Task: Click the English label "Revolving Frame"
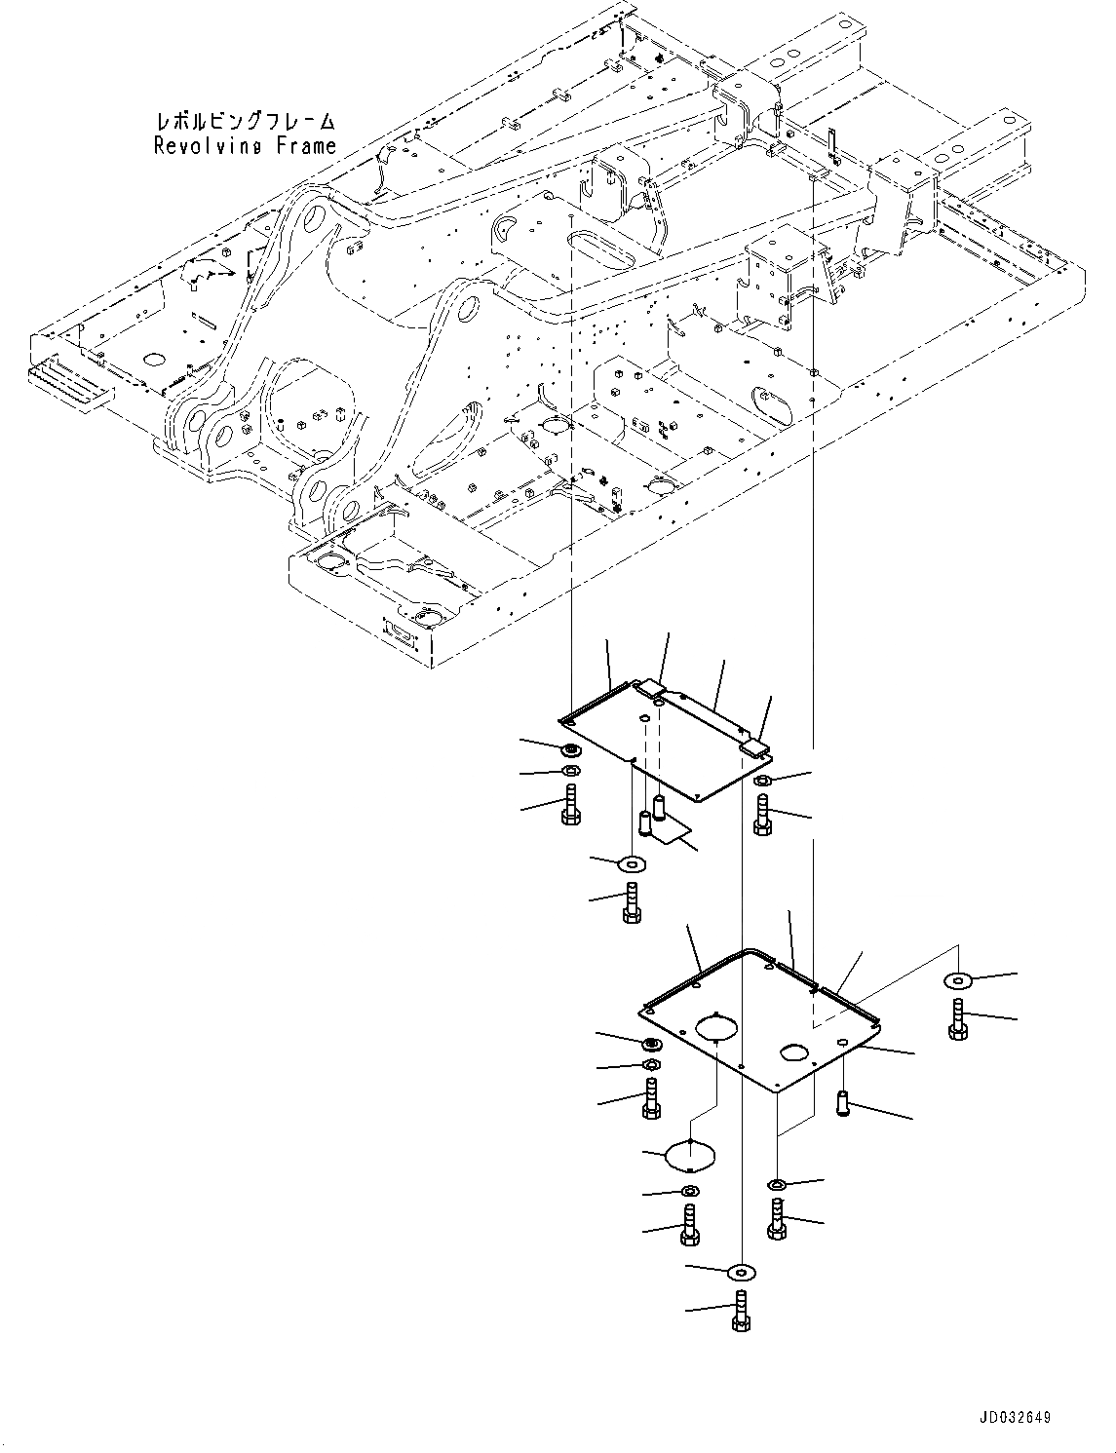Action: pyautogui.click(x=245, y=146)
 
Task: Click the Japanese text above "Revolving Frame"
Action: pyautogui.click(x=245, y=122)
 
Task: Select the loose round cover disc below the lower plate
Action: pyautogui.click(x=691, y=1155)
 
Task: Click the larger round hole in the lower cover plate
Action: pyautogui.click(x=718, y=1028)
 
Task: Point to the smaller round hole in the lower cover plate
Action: pyautogui.click(x=794, y=1052)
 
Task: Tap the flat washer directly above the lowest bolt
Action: pyautogui.click(x=740, y=1272)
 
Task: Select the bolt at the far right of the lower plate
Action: pyautogui.click(x=957, y=1017)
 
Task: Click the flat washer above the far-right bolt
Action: pyautogui.click(x=957, y=980)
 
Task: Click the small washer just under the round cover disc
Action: pyautogui.click(x=689, y=1191)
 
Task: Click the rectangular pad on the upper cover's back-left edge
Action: pyautogui.click(x=648, y=687)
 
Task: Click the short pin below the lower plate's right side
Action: pyautogui.click(x=844, y=1103)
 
